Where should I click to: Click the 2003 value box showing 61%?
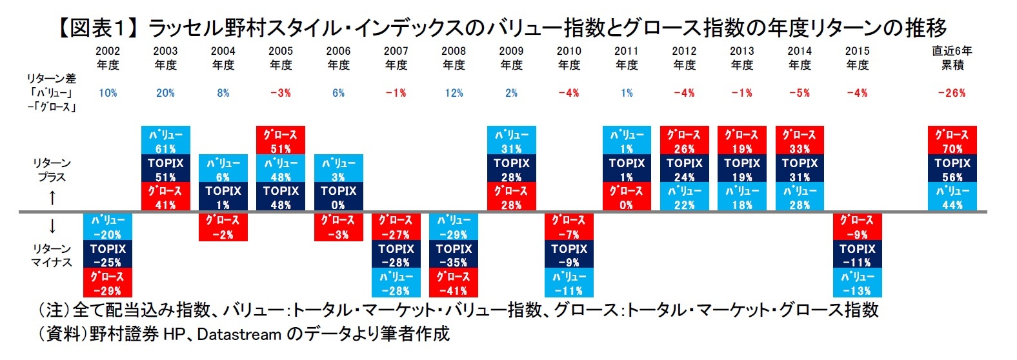coord(166,141)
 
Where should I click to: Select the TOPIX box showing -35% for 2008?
coord(454,255)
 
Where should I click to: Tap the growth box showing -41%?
coord(454,283)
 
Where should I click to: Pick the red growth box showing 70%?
coord(952,141)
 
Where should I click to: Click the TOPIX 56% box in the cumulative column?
coord(952,169)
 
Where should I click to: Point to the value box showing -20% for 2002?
coord(108,227)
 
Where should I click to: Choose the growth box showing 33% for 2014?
coord(800,141)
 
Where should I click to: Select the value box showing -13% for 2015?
coord(857,283)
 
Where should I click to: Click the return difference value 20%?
coord(165,93)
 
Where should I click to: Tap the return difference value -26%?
coord(952,93)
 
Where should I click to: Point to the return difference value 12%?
coord(454,93)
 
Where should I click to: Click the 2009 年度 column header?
coord(511,58)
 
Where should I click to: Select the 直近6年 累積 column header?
coord(952,58)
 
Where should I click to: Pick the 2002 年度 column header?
coord(108,58)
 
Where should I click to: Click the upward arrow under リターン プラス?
coord(52,197)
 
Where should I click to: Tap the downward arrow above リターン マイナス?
coord(52,226)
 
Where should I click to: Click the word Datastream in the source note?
coord(238,334)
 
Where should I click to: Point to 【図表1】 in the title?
coord(97,28)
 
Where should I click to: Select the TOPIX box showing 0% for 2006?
coord(339,197)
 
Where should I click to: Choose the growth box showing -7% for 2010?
coord(569,227)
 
